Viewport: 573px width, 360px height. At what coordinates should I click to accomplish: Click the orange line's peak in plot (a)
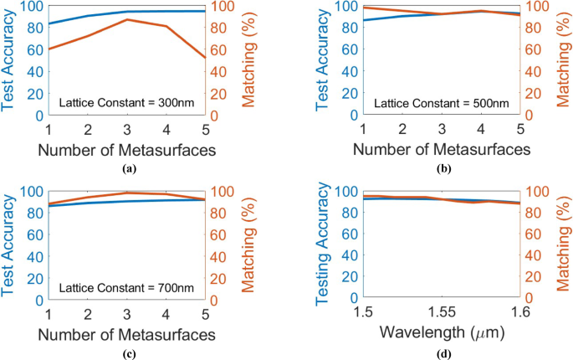coord(126,19)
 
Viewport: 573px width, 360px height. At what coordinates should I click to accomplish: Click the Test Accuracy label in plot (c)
coord(12,243)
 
